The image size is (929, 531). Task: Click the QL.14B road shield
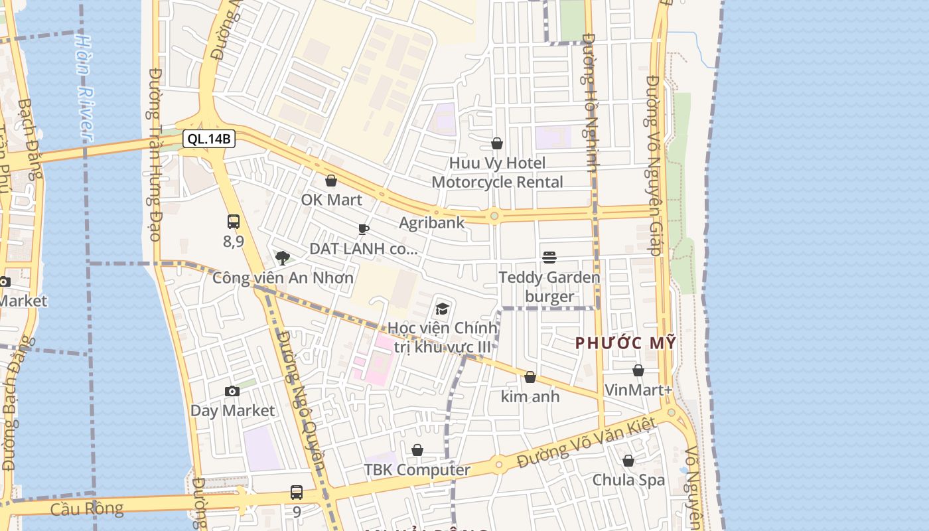209,139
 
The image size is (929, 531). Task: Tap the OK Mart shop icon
331,181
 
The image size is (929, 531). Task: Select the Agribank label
432,223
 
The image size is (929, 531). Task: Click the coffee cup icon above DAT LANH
363,230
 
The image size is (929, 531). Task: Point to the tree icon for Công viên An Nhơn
283,258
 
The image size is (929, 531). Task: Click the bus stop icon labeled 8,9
234,222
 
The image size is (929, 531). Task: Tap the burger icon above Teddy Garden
549,257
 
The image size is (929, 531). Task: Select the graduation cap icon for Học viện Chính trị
442,308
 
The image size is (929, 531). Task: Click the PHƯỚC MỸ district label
625,343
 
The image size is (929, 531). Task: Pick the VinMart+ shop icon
638,370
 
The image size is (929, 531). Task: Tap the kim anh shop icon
530,378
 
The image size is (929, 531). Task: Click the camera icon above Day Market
232,391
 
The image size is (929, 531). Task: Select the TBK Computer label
417,470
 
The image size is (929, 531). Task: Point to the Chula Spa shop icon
628,461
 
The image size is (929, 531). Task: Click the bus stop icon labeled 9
297,493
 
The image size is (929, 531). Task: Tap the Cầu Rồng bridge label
87,509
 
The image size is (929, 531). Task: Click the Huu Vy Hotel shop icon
497,143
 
